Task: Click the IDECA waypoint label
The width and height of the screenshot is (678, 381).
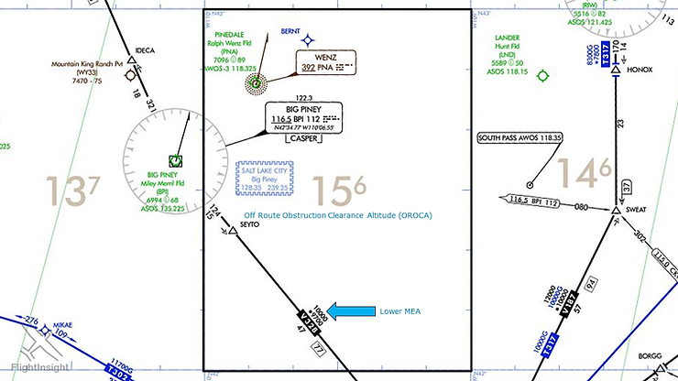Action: (x=146, y=49)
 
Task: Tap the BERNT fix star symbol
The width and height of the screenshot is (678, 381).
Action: (x=309, y=39)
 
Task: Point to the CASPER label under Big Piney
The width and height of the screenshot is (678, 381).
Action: (x=304, y=139)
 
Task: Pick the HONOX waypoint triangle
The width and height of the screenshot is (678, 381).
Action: (x=616, y=70)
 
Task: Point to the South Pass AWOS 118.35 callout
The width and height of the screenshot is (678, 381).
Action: (x=519, y=138)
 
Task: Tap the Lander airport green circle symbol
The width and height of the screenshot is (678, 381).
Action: (x=542, y=76)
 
